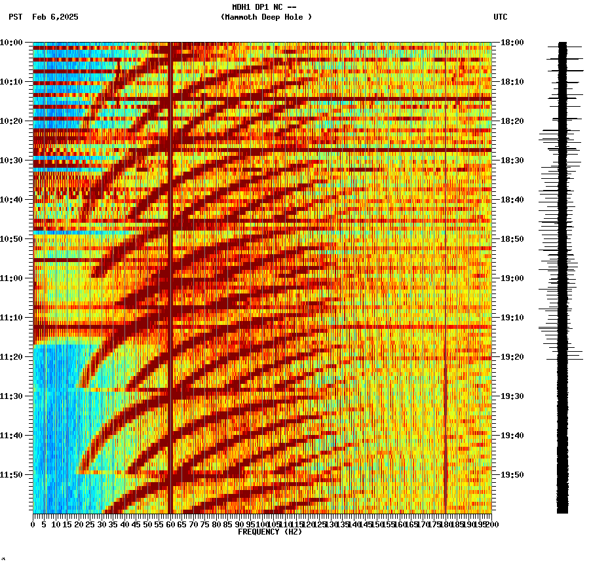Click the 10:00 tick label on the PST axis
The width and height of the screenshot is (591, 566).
[x=11, y=43]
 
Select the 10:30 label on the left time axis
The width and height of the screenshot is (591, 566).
[x=11, y=160]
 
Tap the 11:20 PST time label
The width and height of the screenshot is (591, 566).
[x=11, y=357]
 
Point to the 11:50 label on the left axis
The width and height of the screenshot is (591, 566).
[x=11, y=475]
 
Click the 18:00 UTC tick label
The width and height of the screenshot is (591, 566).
[x=512, y=43]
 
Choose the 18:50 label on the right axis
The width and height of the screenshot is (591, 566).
[x=512, y=239]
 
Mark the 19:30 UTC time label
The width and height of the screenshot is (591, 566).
[x=512, y=396]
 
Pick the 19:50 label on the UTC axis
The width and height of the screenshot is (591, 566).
[x=512, y=475]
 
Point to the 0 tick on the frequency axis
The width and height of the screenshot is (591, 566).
[x=33, y=525]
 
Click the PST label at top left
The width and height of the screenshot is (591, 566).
[x=15, y=17]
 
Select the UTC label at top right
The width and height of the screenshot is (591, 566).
[x=500, y=17]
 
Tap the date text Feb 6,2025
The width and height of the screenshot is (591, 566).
[x=55, y=17]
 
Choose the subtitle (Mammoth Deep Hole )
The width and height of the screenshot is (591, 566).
[x=266, y=17]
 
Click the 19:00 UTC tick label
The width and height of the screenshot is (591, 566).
[x=512, y=278]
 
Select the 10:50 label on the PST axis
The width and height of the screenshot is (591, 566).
[x=11, y=239]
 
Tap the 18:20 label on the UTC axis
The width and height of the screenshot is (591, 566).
[x=512, y=121]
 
